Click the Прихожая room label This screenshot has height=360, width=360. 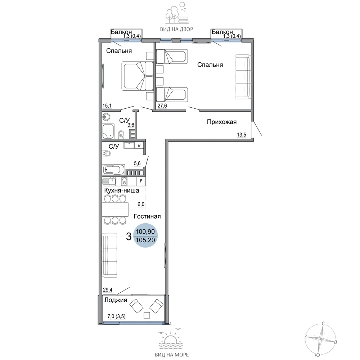[221, 122]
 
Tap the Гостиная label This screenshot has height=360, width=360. [147, 216]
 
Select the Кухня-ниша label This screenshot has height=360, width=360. [121, 190]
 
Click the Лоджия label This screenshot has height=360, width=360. [116, 300]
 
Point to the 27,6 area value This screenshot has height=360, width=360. [162, 105]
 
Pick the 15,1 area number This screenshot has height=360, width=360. [107, 105]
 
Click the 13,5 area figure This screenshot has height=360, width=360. [241, 135]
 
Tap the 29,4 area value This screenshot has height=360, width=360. [107, 290]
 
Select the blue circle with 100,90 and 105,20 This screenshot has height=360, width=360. [145, 235]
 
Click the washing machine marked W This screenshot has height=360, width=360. [139, 145]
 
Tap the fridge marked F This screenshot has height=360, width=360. [141, 181]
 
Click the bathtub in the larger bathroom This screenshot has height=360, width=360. [114, 170]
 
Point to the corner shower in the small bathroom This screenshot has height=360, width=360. [108, 131]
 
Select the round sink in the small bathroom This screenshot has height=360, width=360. [106, 117]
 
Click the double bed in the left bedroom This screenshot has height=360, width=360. [137, 76]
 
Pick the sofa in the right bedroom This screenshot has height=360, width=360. [243, 77]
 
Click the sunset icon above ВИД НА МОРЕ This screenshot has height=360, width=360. [171, 339]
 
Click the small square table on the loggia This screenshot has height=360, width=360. [147, 315]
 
